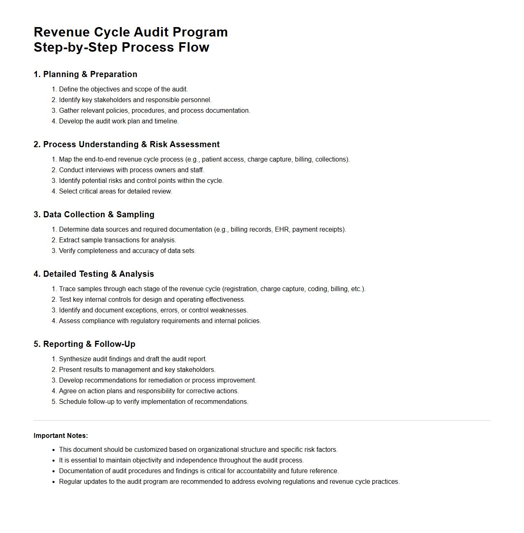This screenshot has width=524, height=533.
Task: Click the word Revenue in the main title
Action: point(62,32)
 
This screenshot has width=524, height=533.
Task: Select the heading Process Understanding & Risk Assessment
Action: point(126,144)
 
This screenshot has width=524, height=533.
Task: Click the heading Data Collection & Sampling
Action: point(94,214)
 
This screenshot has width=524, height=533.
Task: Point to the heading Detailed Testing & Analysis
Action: point(93,274)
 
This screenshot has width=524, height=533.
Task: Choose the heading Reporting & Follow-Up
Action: point(84,344)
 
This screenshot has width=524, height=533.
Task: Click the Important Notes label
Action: point(61,435)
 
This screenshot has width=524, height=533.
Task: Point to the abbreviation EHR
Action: point(282,230)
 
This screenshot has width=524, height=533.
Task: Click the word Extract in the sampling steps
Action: point(68,240)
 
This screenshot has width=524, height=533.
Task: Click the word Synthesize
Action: point(75,359)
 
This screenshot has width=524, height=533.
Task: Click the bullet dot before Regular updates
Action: point(53,482)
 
